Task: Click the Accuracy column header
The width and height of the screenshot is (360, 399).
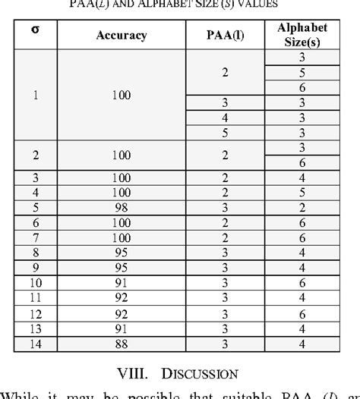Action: point(122,36)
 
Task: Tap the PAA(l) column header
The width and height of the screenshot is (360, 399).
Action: point(224,36)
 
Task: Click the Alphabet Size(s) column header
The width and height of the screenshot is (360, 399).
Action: point(302,36)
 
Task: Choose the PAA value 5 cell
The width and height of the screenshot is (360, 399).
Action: point(224,132)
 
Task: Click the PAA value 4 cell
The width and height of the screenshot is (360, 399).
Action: point(224,118)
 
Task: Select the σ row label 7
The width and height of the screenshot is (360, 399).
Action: point(36,236)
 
